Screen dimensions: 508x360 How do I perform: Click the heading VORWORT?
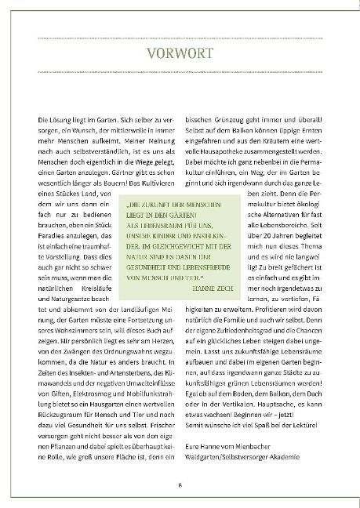pos(180,55)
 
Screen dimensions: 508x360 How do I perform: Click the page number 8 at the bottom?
pos(180,485)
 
